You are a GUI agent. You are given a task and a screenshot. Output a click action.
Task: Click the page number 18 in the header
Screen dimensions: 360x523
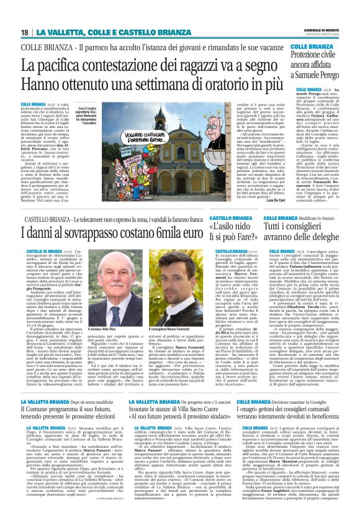25,32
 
